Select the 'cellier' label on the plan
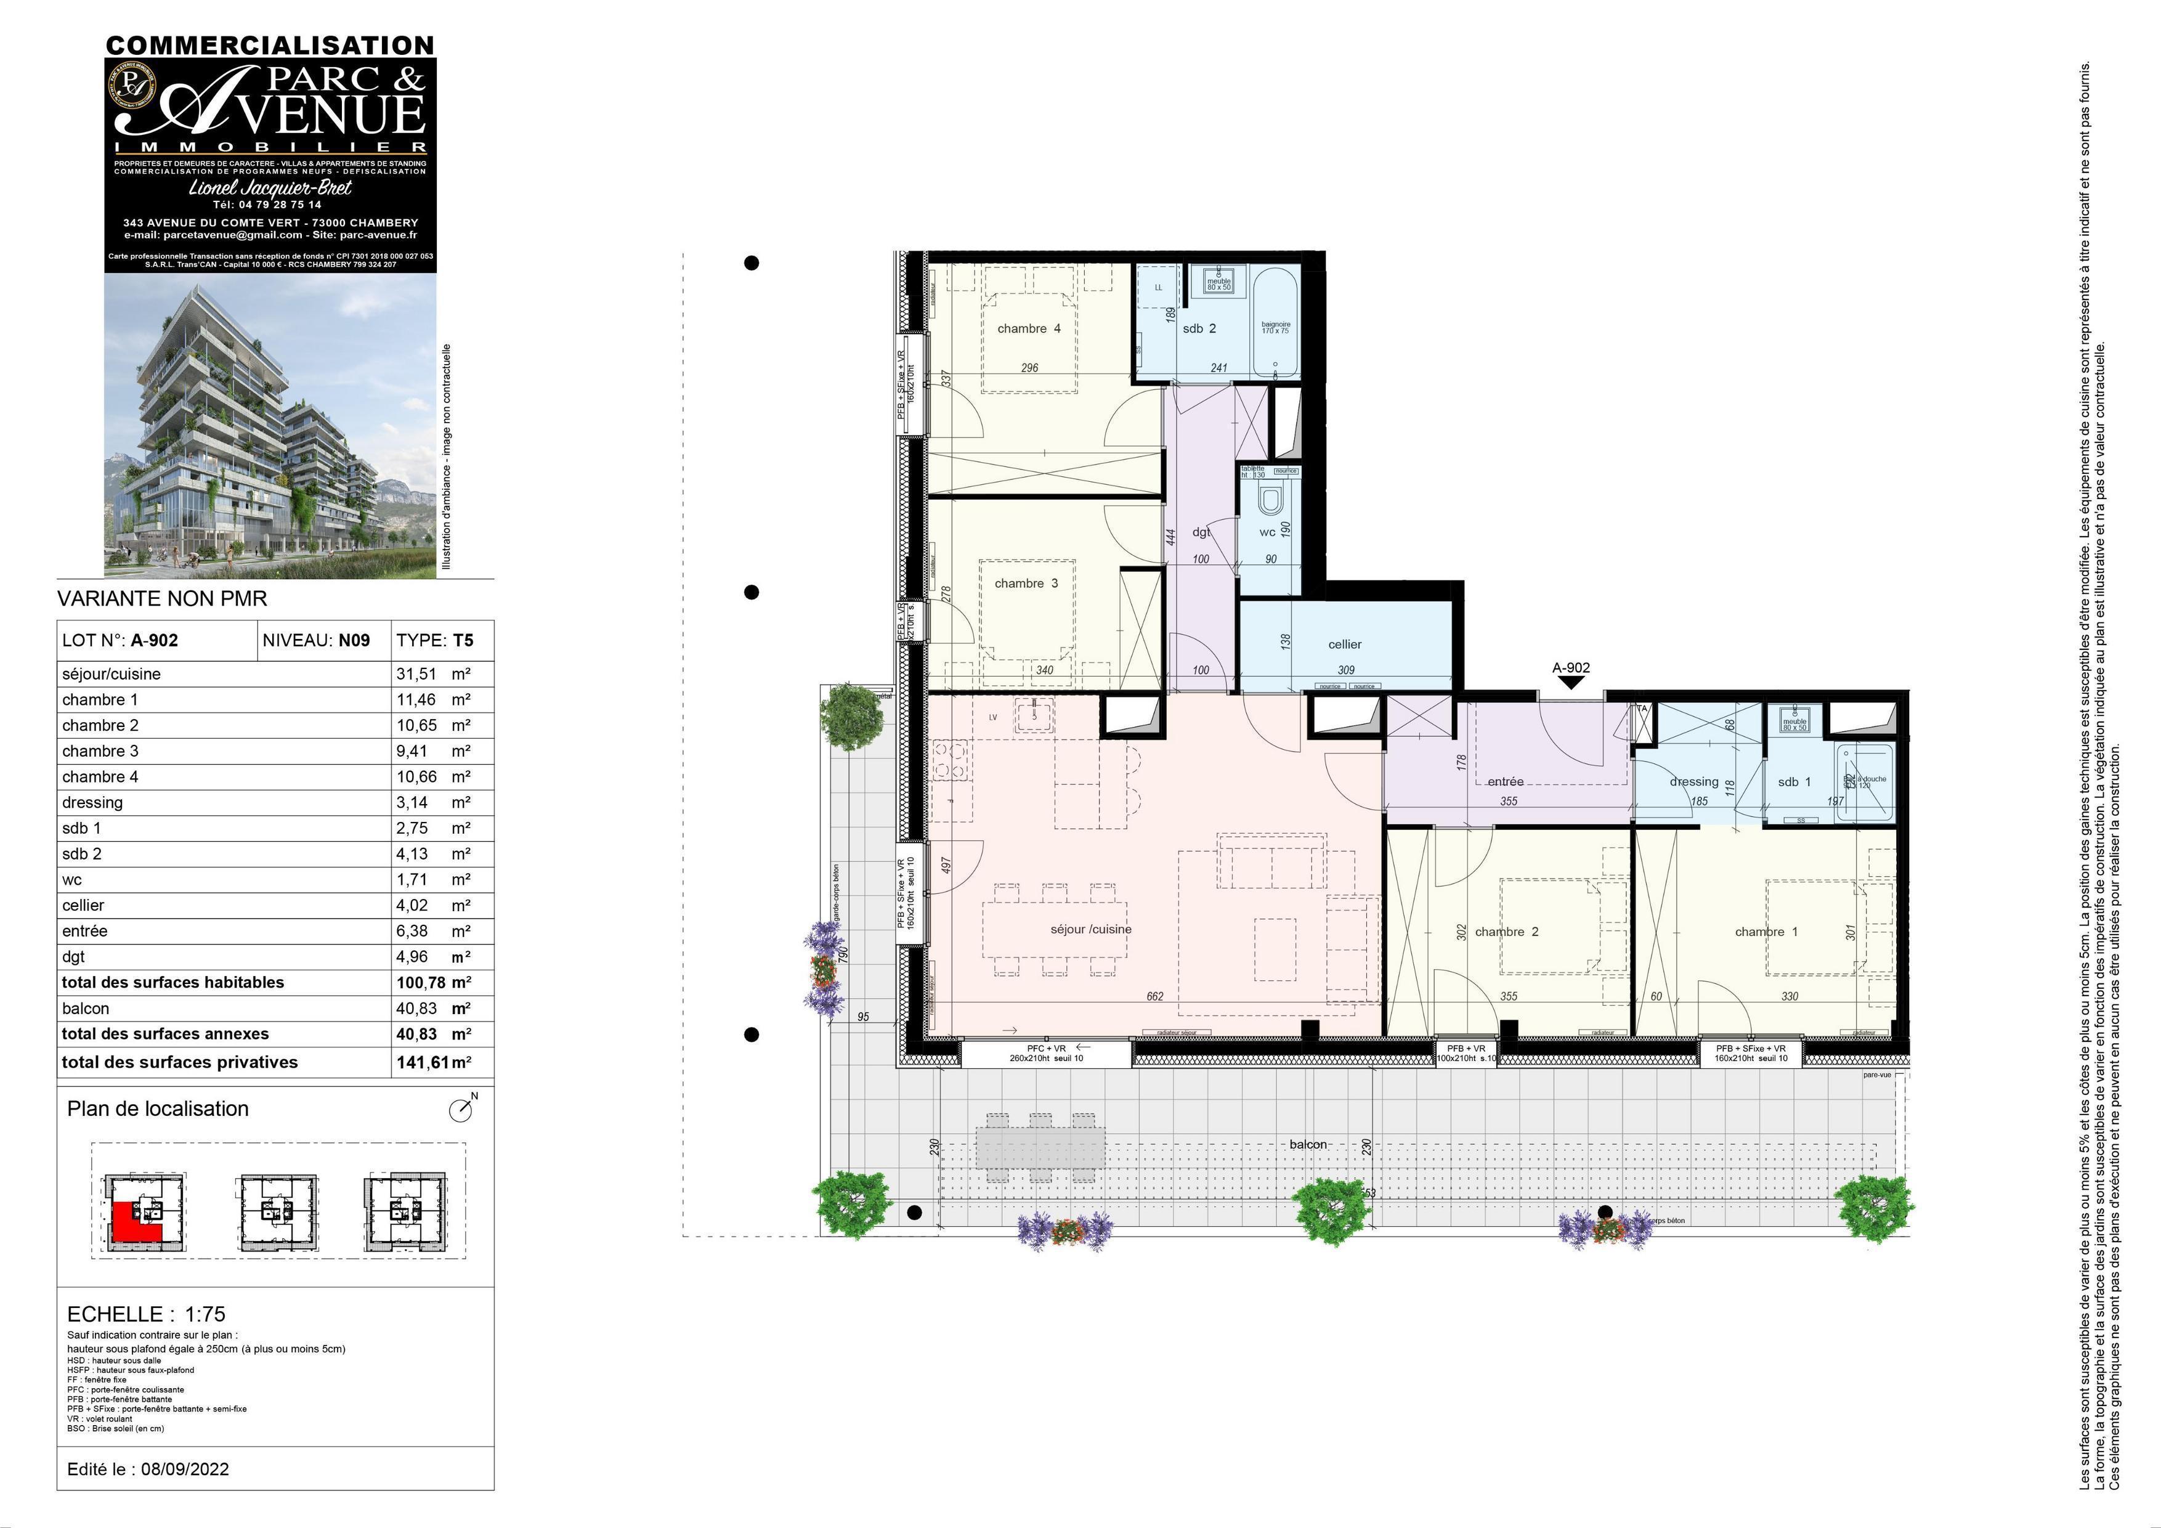[1344, 644]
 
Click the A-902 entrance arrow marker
[1571, 681]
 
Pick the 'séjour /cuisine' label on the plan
[1091, 929]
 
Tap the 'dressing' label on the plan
[1693, 781]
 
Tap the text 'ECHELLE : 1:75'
[146, 1314]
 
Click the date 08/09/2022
[184, 1469]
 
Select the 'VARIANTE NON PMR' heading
[162, 599]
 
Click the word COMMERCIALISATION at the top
[270, 45]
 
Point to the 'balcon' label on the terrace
[1307, 1144]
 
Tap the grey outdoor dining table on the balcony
[1040, 1148]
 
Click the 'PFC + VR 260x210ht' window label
[1045, 1052]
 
